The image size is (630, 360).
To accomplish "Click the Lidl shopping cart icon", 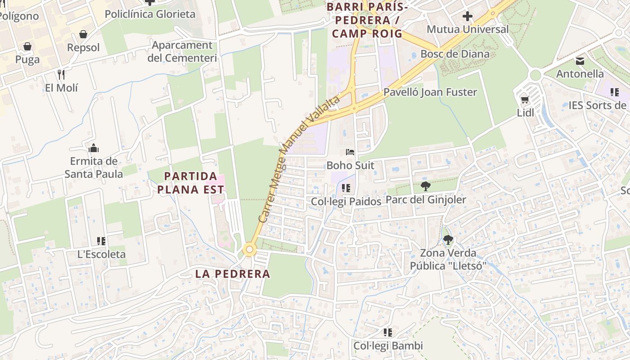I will click(525, 99).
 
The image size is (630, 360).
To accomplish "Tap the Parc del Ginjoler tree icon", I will click(425, 186).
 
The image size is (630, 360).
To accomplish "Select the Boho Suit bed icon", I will click(350, 152).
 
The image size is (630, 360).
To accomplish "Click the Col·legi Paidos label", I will click(346, 202).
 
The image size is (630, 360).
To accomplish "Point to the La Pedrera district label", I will click(233, 274).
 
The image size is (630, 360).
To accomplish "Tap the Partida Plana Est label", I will click(191, 183).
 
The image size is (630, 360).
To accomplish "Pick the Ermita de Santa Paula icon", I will click(94, 148).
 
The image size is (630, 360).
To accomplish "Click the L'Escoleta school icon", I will click(101, 241).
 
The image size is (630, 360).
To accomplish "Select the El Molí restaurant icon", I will click(61, 74).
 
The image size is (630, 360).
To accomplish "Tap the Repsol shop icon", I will click(83, 34).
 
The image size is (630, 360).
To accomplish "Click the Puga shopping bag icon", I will click(27, 46).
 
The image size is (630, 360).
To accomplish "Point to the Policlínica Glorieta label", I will click(150, 14).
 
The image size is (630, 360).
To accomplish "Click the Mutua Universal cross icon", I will click(468, 17).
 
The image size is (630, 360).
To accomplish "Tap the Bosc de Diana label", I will click(454, 54).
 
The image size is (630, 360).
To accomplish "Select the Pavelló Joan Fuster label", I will click(430, 92).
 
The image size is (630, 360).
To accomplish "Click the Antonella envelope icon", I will click(580, 61).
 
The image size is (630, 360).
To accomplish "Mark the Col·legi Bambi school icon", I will click(387, 333).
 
